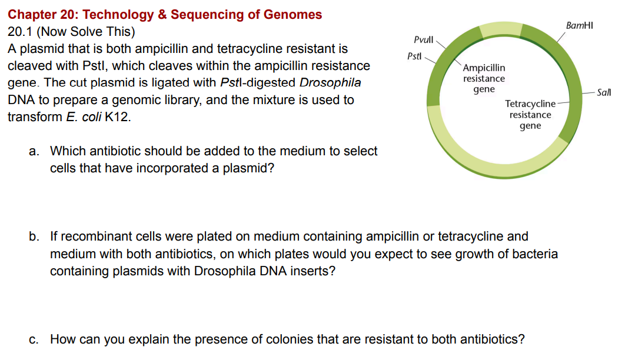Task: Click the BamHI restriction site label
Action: coord(580,25)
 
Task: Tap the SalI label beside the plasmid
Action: coord(603,92)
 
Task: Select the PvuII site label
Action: coord(423,39)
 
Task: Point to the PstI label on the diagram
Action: coord(414,56)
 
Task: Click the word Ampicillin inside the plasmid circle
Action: coord(484,68)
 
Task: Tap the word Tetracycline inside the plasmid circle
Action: coord(530,104)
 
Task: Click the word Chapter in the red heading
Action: coord(32,15)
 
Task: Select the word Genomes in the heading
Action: coord(292,15)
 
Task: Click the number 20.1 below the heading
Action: coord(20,31)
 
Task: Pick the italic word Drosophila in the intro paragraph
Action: coord(330,82)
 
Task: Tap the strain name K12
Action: coord(118,116)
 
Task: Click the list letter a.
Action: coord(34,151)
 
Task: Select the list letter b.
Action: coord(34,236)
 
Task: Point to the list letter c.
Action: coord(34,339)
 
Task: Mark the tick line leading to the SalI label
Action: coord(588,93)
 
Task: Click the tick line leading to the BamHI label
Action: coord(561,37)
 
